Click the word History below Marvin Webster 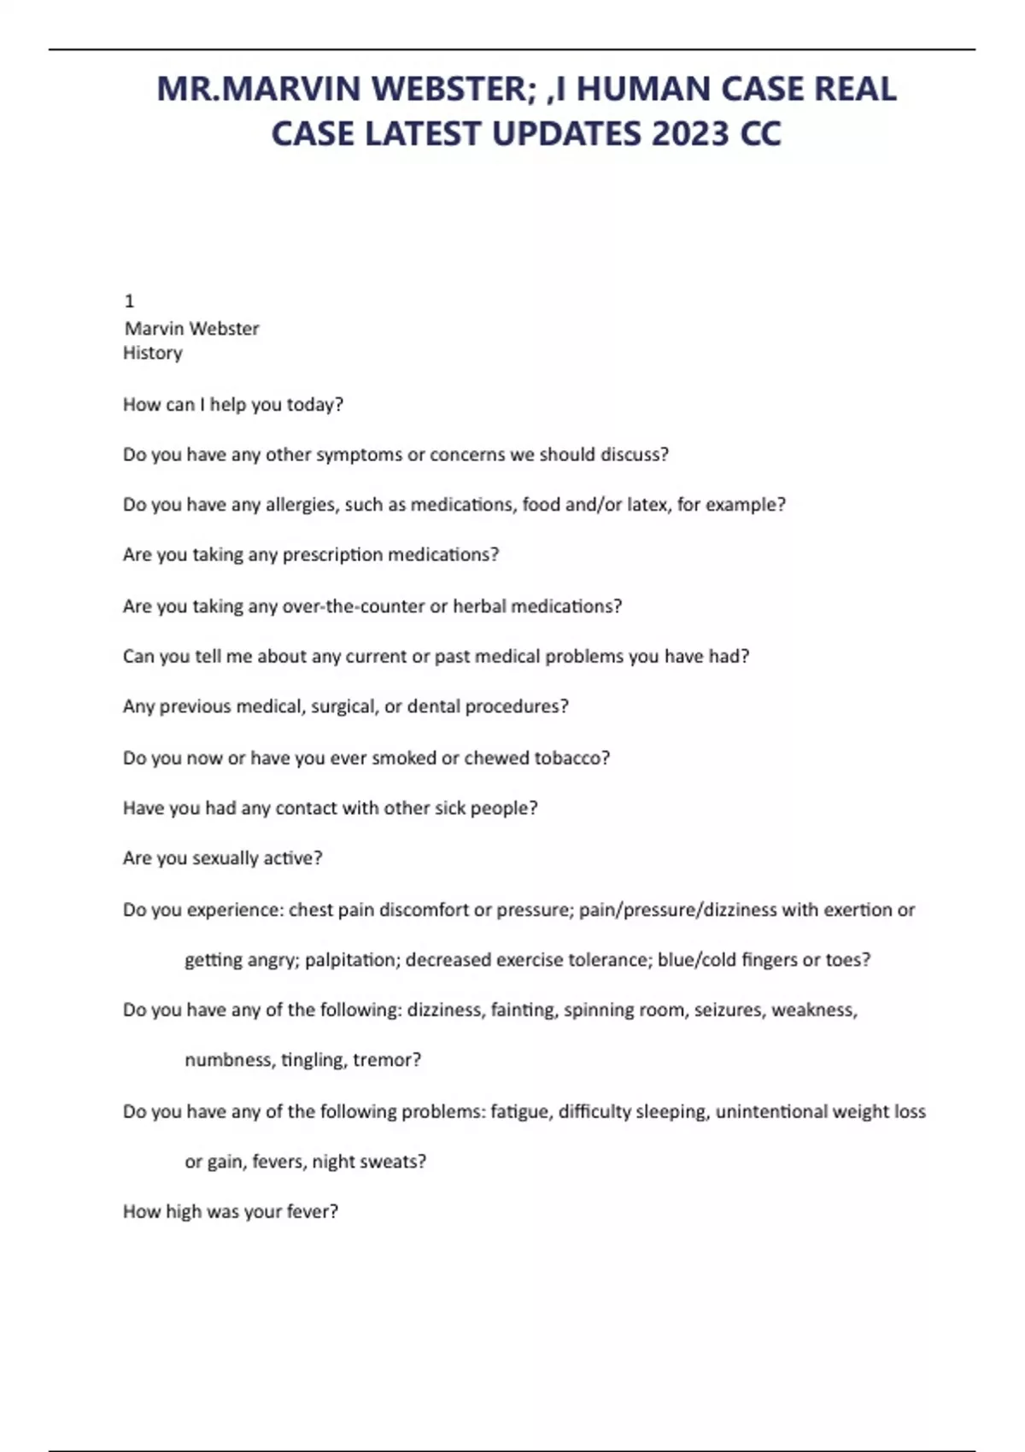(153, 353)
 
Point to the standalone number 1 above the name (129, 301)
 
